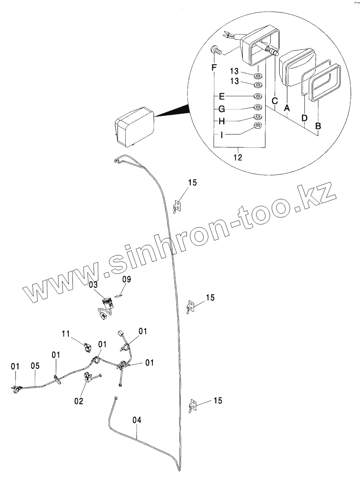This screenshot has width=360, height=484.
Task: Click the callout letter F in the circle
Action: point(214,67)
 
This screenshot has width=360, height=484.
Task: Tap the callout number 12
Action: point(238,157)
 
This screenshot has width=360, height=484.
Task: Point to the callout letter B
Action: point(318,126)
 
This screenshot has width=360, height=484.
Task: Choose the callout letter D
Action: point(304,118)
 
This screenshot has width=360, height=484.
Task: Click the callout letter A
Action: point(286,107)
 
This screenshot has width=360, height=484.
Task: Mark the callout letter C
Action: point(274,102)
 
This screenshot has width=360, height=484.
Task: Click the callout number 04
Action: point(137,420)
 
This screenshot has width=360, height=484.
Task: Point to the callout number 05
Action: point(35,366)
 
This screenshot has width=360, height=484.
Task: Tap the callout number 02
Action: point(79,400)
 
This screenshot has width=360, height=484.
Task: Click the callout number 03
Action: point(93,285)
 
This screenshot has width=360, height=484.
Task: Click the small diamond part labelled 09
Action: point(118,295)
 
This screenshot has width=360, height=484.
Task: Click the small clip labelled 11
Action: point(86,345)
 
